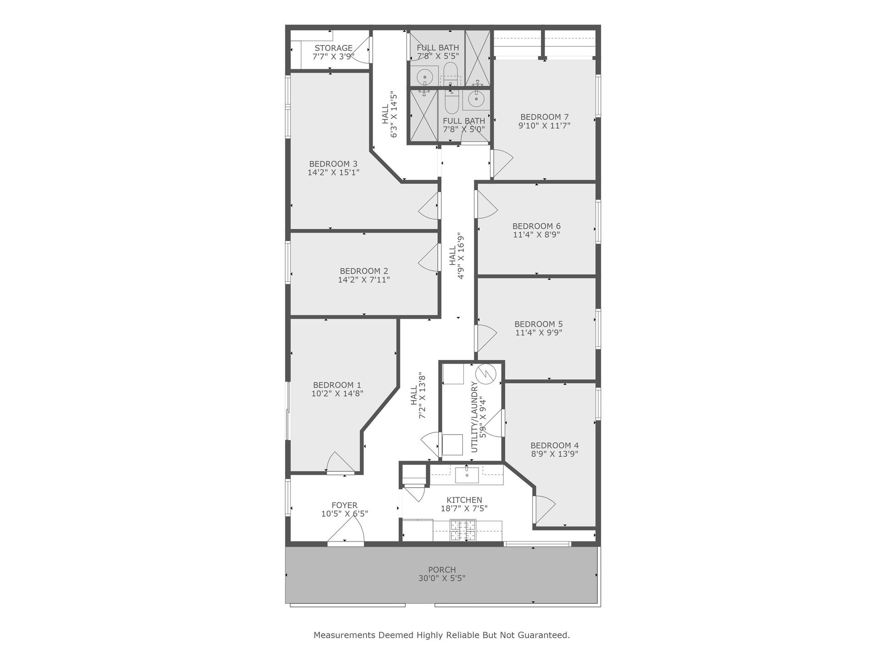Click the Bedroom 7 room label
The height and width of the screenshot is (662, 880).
pyautogui.click(x=544, y=117)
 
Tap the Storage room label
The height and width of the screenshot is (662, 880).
pyautogui.click(x=333, y=48)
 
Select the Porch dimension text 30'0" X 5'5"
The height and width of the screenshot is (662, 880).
pyautogui.click(x=442, y=579)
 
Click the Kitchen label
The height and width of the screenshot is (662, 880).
pyautogui.click(x=464, y=500)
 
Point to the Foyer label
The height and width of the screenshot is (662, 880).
pyautogui.click(x=345, y=506)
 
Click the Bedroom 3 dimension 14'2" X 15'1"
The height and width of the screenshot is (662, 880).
pyautogui.click(x=333, y=172)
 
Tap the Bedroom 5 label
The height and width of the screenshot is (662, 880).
pyautogui.click(x=539, y=324)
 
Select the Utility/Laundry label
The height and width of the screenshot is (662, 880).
pyautogui.click(x=474, y=417)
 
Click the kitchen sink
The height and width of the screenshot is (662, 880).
pyautogui.click(x=467, y=475)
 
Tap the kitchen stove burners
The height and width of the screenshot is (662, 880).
pyautogui.click(x=463, y=530)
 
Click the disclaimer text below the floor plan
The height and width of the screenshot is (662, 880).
pyautogui.click(x=442, y=635)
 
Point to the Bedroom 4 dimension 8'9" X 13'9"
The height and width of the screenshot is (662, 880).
pyautogui.click(x=555, y=454)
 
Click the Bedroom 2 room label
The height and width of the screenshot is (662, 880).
pyautogui.click(x=364, y=271)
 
